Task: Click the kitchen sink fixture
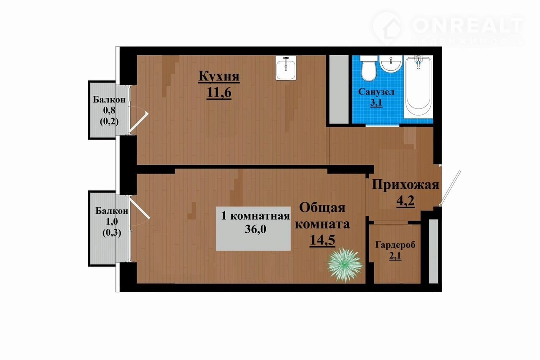pyautogui.click(x=286, y=68)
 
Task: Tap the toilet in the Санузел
pyautogui.click(x=369, y=69)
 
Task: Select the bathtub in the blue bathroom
pyautogui.click(x=419, y=86)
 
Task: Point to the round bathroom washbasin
pyautogui.click(x=391, y=64)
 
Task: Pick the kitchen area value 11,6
pyautogui.click(x=219, y=92)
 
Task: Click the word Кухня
pyautogui.click(x=219, y=76)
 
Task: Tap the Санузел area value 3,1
pyautogui.click(x=376, y=103)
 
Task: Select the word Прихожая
pyautogui.click(x=405, y=185)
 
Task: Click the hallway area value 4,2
pyautogui.click(x=405, y=201)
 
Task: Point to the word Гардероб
pyautogui.click(x=395, y=245)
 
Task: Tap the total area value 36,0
pyautogui.click(x=256, y=229)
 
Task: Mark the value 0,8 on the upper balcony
pyautogui.click(x=109, y=110)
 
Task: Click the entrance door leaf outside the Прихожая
pyautogui.click(x=450, y=188)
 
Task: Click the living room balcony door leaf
pyautogui.click(x=139, y=208)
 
